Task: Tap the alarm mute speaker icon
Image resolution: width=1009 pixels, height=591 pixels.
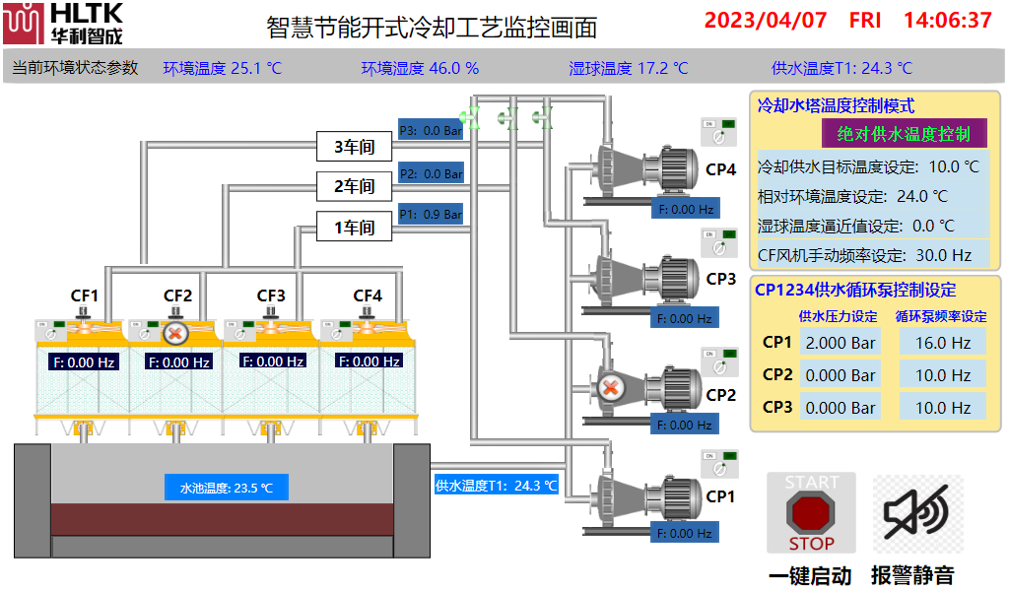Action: click(916, 512)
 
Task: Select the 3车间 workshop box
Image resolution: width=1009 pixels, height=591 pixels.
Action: click(354, 148)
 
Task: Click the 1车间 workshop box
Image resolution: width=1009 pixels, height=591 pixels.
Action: click(354, 228)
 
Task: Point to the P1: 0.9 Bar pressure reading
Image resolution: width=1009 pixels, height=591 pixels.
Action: click(431, 214)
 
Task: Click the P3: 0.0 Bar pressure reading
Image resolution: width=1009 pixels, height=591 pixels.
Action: click(431, 129)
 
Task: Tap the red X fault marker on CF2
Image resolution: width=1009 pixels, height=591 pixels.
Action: click(175, 333)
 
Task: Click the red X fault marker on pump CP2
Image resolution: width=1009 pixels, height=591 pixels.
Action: click(611, 387)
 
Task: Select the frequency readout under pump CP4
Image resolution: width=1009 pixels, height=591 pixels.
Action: click(685, 209)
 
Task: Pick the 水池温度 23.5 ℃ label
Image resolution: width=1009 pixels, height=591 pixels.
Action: click(226, 487)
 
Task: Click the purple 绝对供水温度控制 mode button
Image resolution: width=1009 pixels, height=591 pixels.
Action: click(903, 134)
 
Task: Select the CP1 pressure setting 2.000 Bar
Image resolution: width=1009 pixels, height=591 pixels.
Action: click(840, 343)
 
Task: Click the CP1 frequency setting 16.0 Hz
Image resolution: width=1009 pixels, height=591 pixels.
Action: click(942, 343)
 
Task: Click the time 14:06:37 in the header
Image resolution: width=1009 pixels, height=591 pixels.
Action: click(947, 20)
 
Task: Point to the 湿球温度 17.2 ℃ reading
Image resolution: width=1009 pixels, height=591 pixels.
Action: click(628, 68)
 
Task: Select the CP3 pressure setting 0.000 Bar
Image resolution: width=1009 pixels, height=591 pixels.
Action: click(840, 407)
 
